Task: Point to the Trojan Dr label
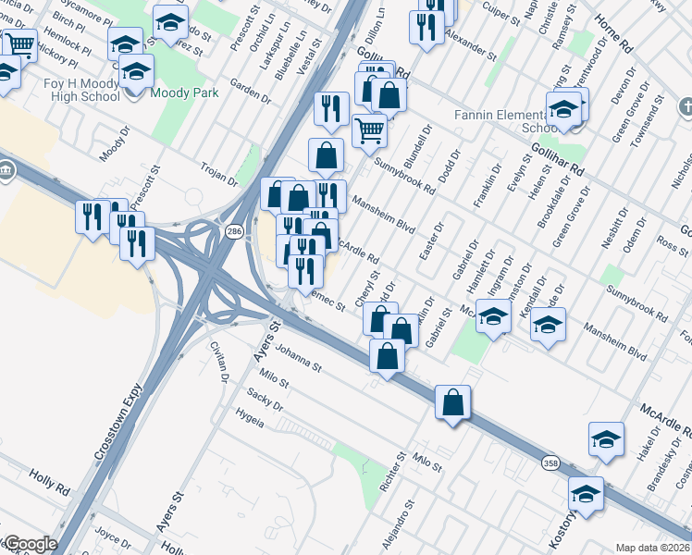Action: click(219, 170)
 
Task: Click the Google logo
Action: click(30, 544)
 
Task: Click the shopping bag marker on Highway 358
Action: click(452, 403)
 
